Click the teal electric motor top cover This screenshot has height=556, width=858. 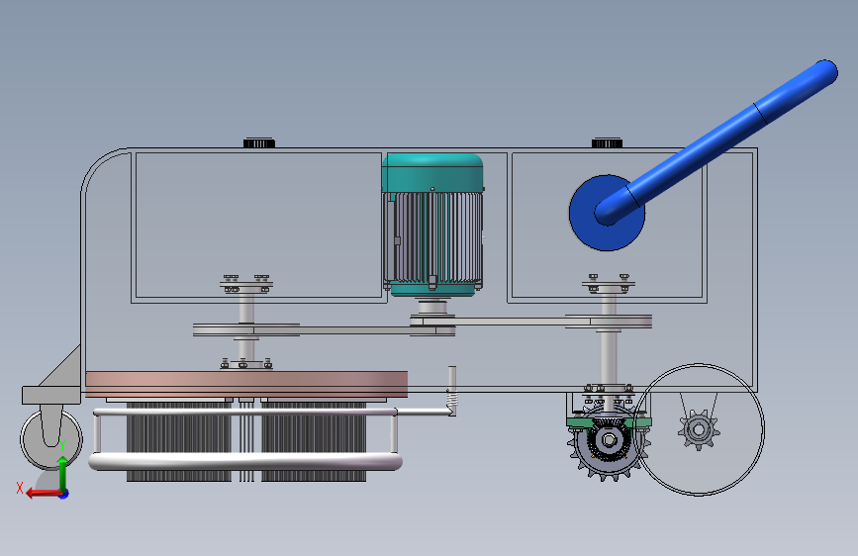[x=432, y=172]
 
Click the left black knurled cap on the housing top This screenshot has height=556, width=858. [x=259, y=142]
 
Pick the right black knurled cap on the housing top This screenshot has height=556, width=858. [x=607, y=142]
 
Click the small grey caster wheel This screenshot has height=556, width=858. [x=51, y=438]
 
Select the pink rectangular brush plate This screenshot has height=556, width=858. [x=246, y=384]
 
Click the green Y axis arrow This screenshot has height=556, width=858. [x=63, y=472]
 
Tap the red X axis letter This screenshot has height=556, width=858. [x=20, y=488]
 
